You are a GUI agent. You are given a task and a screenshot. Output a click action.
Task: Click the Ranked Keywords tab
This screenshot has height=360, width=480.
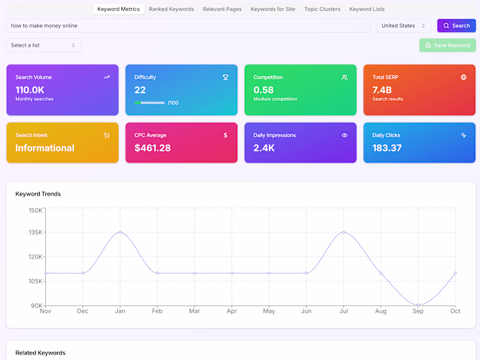(171, 10)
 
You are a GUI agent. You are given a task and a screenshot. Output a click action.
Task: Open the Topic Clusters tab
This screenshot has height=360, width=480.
(322, 10)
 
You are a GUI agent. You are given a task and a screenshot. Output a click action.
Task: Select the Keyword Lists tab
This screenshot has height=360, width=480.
(367, 10)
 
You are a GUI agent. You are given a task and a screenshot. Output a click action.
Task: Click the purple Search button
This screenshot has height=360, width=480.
(456, 25)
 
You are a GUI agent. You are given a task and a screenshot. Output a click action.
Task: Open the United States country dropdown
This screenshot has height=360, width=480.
(404, 25)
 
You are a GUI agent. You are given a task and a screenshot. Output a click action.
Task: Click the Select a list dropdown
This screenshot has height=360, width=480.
(43, 45)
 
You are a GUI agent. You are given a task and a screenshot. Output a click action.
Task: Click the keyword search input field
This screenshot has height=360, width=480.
(189, 25)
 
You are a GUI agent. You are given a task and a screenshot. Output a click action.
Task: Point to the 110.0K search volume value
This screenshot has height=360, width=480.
(30, 90)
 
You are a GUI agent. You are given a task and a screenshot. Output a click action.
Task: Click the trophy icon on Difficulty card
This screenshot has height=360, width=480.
(226, 77)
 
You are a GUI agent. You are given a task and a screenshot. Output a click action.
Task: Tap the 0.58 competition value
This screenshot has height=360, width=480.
(263, 90)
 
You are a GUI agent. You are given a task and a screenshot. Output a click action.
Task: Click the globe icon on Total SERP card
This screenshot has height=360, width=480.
(464, 77)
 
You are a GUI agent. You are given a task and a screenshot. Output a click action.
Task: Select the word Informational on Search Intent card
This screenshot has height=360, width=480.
(45, 148)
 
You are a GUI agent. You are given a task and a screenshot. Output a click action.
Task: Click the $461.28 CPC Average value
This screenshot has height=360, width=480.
(152, 148)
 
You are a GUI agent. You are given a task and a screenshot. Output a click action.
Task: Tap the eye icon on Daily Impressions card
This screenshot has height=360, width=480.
(344, 135)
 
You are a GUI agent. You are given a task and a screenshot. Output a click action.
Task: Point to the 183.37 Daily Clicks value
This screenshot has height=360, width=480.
(387, 148)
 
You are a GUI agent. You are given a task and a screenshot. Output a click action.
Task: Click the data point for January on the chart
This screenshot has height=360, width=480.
(120, 232)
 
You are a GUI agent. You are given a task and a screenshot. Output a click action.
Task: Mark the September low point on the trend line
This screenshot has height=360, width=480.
(418, 305)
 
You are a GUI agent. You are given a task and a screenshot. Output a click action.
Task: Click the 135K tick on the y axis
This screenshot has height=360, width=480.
(35, 232)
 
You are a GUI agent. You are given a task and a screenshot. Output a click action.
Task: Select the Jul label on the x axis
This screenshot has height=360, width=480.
(344, 311)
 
